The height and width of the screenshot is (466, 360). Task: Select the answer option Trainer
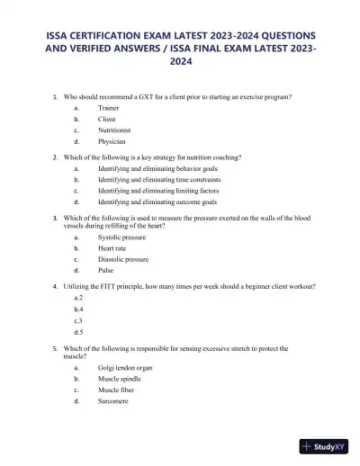click(108, 106)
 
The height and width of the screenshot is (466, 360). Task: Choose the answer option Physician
click(112, 141)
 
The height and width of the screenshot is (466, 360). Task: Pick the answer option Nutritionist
click(115, 130)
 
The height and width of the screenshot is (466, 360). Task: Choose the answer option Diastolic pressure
click(123, 259)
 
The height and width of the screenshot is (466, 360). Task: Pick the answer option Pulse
click(106, 270)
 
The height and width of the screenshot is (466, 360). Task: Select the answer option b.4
click(79, 309)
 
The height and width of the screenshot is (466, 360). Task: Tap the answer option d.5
click(79, 332)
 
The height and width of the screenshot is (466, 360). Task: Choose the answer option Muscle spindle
click(121, 379)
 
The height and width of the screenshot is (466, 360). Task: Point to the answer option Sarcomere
click(113, 401)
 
